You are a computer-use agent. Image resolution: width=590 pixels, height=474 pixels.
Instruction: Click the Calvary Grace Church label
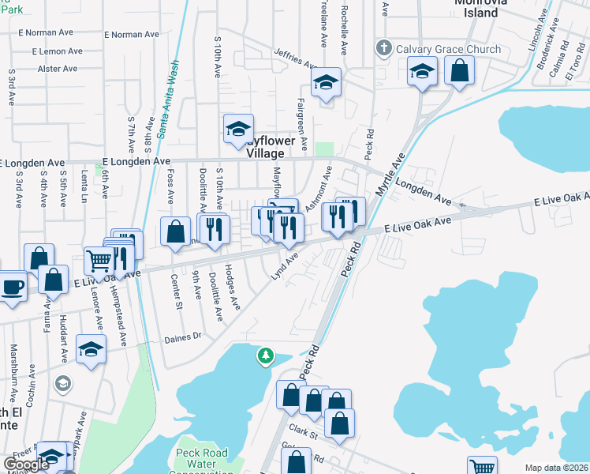point(448,49)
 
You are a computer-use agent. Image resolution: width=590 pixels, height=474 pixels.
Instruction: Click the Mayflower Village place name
point(271,148)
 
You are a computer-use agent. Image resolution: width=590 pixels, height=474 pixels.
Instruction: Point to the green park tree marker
point(267,357)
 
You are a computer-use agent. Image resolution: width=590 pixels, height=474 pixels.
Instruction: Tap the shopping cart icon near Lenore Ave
point(99,259)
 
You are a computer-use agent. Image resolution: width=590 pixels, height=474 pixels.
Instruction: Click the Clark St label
point(303,432)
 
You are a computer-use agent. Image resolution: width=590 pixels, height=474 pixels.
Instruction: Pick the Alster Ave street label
point(58,69)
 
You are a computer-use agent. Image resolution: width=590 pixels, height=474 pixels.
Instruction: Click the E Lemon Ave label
point(58,51)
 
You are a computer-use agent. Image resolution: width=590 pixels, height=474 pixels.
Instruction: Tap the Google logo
point(26,465)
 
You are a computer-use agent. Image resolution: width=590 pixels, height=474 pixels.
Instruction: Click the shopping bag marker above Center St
point(174,231)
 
